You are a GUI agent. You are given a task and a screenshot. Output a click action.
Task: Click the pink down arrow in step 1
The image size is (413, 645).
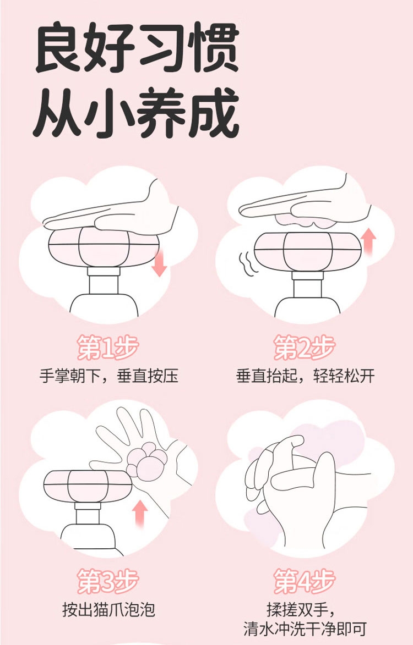159,262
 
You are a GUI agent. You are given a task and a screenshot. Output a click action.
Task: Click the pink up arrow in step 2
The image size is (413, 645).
368,243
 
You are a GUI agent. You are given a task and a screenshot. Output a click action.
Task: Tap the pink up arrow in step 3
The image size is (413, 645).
140,514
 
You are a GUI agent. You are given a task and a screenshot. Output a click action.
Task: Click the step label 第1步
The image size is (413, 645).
108,348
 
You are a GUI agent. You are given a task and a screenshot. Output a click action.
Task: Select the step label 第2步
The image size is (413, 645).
305,348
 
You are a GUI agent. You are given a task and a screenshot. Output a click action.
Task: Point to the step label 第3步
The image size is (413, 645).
108,581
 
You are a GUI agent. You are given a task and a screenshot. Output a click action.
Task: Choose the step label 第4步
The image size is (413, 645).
305,581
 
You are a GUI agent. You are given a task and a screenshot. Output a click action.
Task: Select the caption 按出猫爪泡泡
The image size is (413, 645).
108,610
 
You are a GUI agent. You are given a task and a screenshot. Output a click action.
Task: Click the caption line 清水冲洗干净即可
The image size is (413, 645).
305,629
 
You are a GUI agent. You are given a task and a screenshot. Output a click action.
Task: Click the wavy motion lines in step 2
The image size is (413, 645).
249,263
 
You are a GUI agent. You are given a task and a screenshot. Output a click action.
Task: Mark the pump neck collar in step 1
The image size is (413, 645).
104,272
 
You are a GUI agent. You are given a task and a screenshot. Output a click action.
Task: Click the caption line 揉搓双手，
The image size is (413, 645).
305,610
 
